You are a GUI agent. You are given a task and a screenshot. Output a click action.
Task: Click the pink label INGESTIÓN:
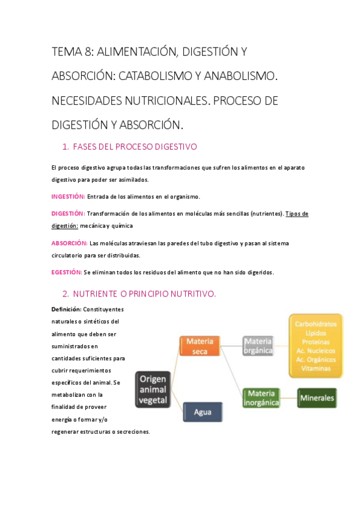pos(69,197)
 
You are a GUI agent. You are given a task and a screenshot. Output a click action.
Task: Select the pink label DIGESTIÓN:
pos(68,214)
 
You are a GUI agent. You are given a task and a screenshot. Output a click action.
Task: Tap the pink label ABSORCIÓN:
pos(69,244)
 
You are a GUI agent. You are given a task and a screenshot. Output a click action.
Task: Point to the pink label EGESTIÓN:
pos(67,272)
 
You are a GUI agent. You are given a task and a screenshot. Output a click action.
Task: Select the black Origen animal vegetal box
pos(153,389)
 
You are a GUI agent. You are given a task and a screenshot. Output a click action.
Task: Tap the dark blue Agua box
pos(202,412)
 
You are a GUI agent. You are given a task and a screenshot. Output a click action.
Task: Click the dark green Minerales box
pos(317,398)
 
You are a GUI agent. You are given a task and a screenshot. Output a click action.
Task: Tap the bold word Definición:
pos(66,309)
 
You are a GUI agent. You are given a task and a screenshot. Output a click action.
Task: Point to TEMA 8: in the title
pos(72,52)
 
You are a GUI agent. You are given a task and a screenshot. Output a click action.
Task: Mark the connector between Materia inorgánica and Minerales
pos(290,398)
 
